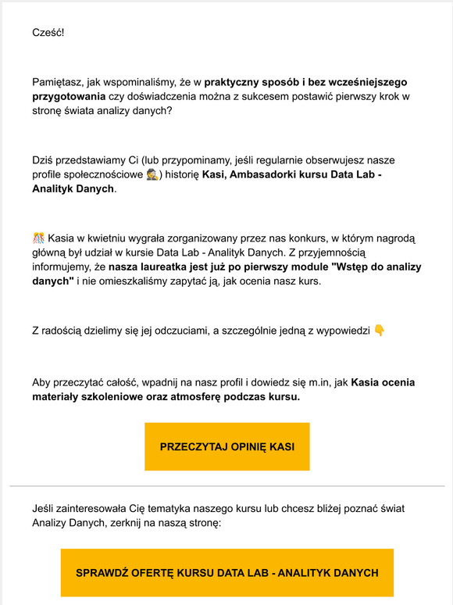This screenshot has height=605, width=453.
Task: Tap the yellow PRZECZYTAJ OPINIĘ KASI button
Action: (226, 446)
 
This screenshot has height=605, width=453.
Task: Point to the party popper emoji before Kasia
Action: (38, 237)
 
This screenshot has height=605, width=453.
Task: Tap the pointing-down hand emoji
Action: (380, 330)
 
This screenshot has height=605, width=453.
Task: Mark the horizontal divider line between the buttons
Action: (226, 486)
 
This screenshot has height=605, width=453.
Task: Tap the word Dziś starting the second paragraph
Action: (45, 159)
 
